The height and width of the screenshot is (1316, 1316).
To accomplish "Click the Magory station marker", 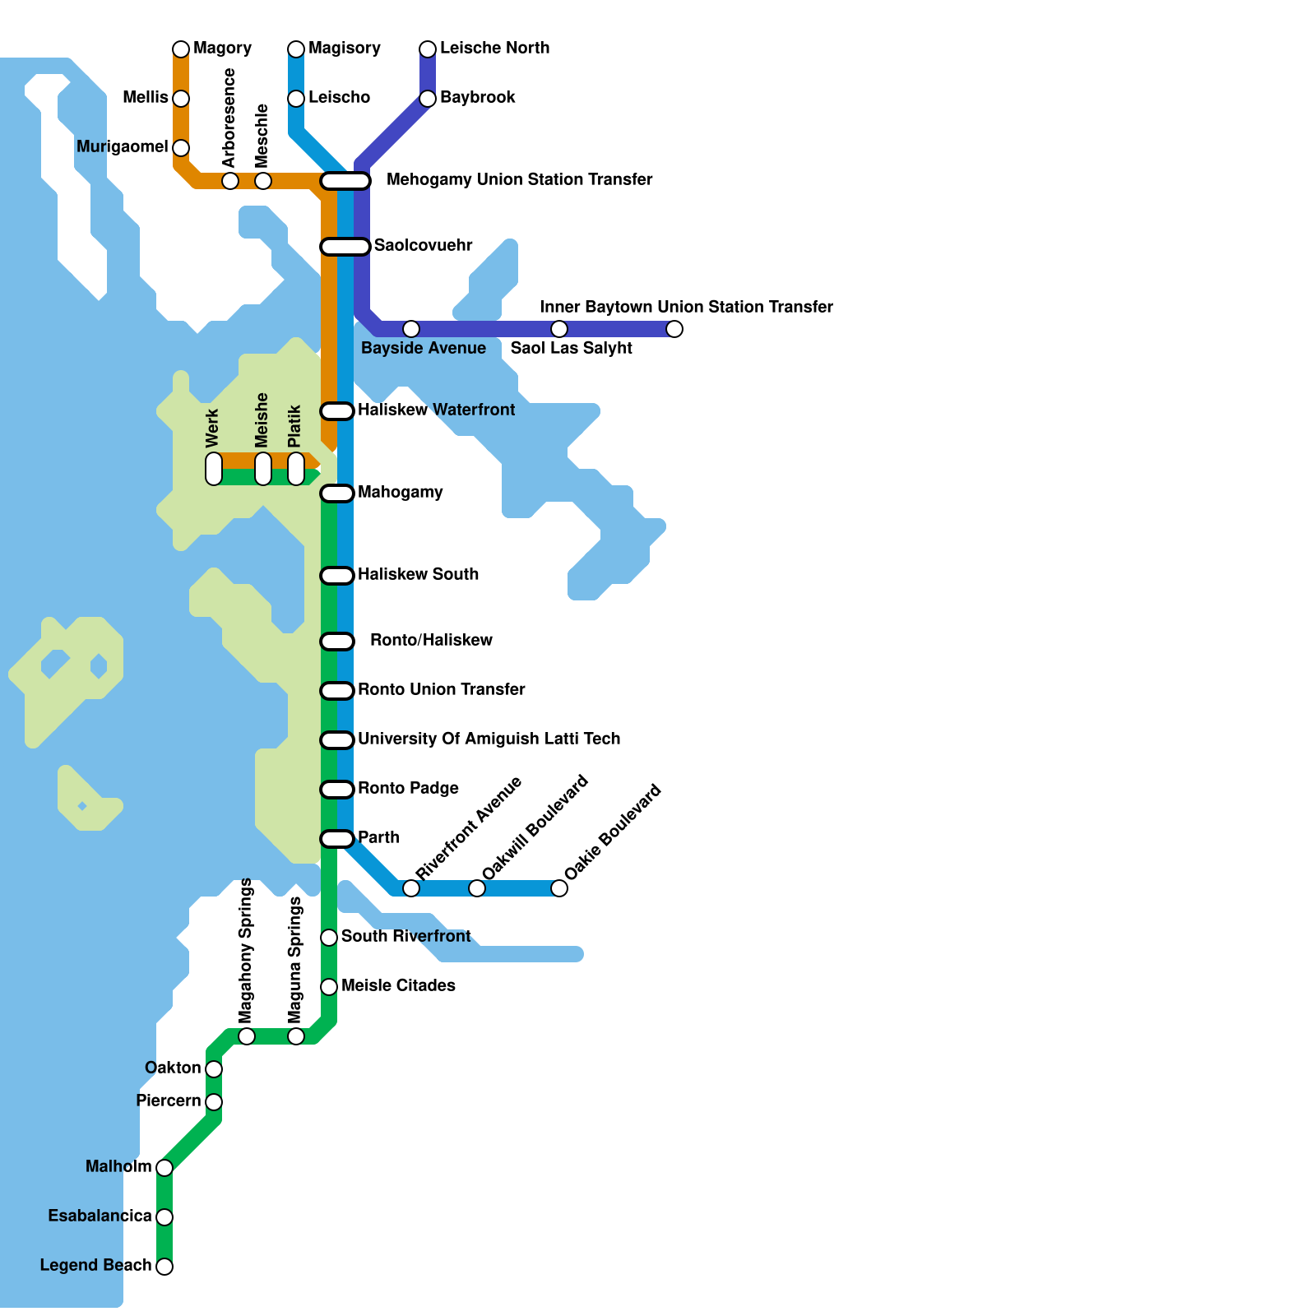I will (181, 49).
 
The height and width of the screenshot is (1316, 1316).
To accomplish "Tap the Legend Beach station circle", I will (164, 1266).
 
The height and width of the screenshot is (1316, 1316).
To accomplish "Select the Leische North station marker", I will (428, 49).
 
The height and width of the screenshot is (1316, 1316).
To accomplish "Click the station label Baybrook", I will (477, 98).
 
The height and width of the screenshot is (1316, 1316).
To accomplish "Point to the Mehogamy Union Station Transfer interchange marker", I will (345, 180).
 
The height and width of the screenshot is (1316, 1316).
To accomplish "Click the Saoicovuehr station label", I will (423, 245).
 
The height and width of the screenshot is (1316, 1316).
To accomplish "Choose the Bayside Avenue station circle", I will (411, 329).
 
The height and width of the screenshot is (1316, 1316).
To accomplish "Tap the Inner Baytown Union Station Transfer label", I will (686, 307).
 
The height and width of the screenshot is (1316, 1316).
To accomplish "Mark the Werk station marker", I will (214, 469).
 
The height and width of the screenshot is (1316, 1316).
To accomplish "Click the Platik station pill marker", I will (296, 469).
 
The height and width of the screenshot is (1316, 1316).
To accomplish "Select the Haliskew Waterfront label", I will (436, 410).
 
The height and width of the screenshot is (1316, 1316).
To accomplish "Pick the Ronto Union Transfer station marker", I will (337, 690).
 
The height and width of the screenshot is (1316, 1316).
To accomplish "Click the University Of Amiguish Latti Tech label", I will (489, 739).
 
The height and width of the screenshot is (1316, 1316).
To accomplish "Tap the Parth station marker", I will (337, 838).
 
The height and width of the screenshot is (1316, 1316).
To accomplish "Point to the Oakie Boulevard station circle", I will (559, 888).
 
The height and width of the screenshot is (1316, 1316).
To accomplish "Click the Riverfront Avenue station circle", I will (411, 888).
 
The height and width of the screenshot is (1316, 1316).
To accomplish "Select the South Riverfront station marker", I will (329, 937).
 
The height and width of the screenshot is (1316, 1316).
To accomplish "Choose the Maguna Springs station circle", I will (296, 1036).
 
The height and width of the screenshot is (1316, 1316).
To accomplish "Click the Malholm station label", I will (118, 1166).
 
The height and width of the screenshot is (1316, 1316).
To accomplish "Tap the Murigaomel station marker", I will (181, 148).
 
